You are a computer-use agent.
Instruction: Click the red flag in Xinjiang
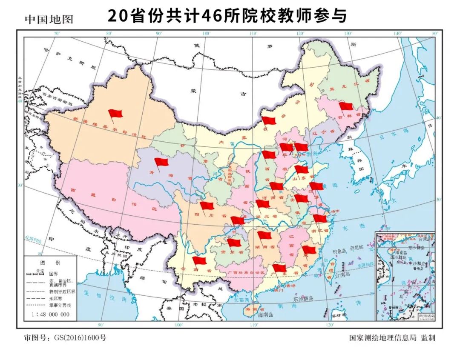[115, 114]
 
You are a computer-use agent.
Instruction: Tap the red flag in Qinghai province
[161, 162]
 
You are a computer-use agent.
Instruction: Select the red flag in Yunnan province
[199, 260]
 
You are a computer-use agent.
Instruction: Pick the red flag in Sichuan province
[207, 206]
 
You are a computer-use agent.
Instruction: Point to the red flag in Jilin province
[346, 106]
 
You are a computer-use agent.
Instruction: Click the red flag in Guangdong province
[279, 268]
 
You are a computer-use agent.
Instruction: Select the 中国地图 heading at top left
[49, 19]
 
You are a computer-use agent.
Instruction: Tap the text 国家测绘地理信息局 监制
[392, 338]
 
